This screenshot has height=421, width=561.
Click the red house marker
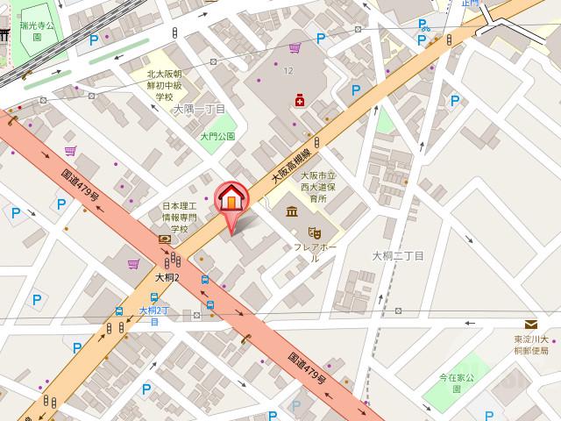(x=231, y=198)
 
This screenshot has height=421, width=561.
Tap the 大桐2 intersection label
(x=167, y=278)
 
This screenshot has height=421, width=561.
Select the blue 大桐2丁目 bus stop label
(x=153, y=315)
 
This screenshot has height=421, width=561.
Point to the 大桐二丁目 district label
(x=398, y=256)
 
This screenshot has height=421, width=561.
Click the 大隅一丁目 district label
(x=199, y=110)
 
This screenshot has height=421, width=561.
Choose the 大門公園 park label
(x=217, y=137)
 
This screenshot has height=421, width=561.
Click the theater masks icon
(x=313, y=232)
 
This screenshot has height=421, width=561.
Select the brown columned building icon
(x=290, y=213)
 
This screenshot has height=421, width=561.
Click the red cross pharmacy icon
(x=301, y=102)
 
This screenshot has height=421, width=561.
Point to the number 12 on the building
(x=288, y=70)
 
